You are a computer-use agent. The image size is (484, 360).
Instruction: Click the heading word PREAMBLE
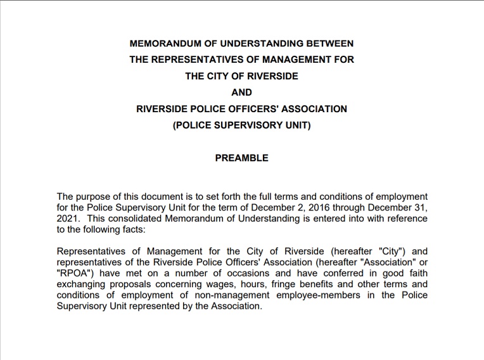241,158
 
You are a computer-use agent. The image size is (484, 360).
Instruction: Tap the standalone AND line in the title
241,92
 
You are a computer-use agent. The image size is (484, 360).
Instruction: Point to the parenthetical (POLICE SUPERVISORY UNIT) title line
241,125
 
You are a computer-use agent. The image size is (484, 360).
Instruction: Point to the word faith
417,273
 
